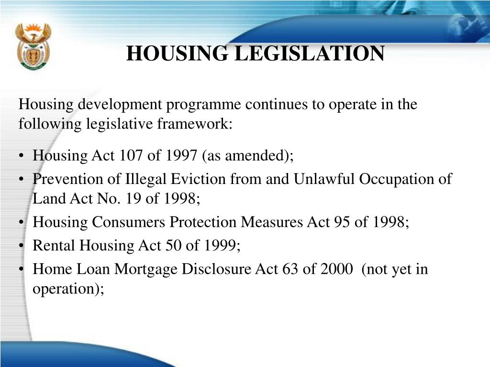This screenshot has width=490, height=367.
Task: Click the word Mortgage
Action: click(148, 270)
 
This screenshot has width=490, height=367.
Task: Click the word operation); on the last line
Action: click(68, 289)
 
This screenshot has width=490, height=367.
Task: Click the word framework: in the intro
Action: click(194, 124)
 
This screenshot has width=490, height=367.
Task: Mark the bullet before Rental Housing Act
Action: click(23, 246)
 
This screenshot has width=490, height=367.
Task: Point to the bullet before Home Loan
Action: click(23, 270)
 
